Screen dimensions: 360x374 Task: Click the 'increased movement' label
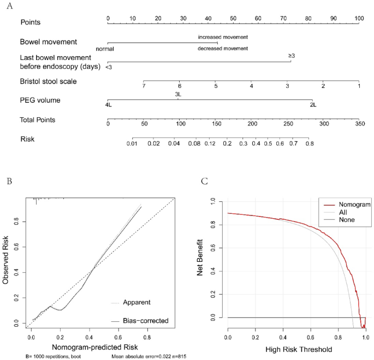pos(223,37)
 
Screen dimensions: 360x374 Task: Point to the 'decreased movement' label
pos(223,49)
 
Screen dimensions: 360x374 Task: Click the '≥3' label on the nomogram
pos(292,56)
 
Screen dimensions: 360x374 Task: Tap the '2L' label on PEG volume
pos(312,104)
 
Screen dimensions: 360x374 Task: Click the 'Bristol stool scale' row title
pos(48,81)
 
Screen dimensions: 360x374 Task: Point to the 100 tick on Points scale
pos(359,18)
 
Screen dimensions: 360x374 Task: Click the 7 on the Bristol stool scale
pos(144,86)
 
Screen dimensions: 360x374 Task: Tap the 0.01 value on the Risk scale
pos(132,144)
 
